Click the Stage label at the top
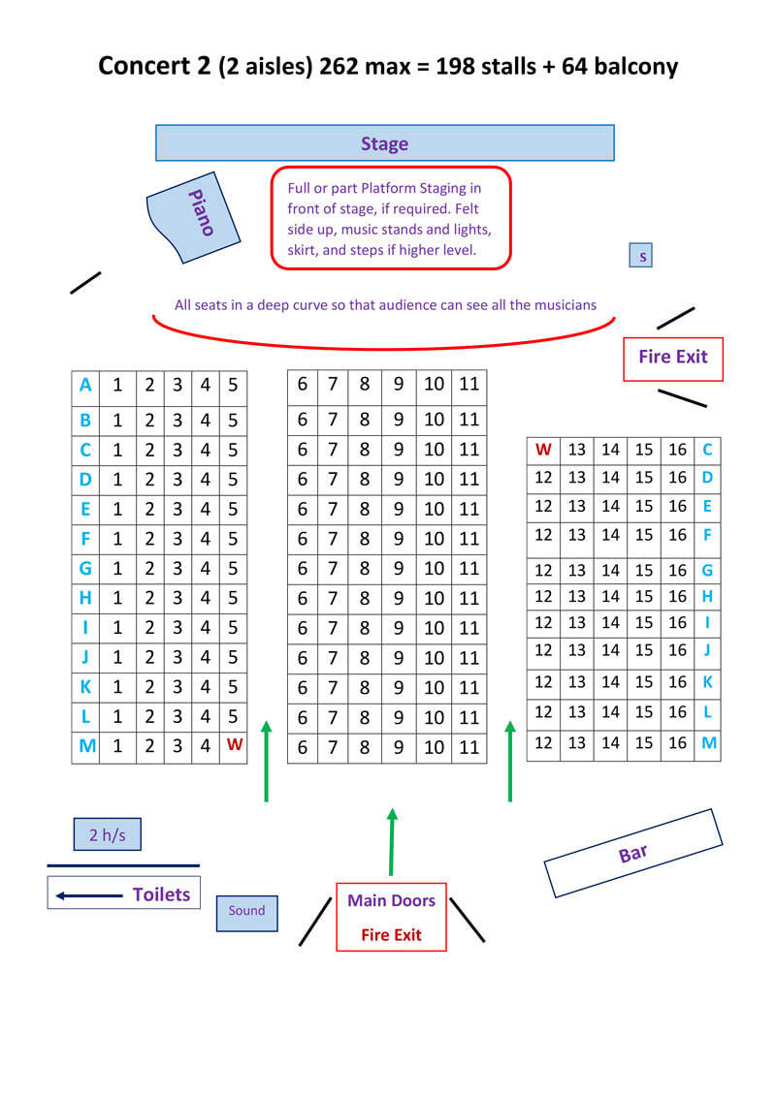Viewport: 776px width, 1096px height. pyautogui.click(x=384, y=143)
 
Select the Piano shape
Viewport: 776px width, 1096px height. pyautogui.click(x=194, y=217)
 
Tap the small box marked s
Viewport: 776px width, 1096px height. pyautogui.click(x=641, y=256)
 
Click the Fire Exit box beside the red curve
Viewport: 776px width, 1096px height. pyautogui.click(x=672, y=357)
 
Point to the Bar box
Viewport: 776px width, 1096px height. pyautogui.click(x=632, y=853)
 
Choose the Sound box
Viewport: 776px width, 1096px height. pyautogui.click(x=246, y=911)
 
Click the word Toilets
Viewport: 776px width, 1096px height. pyautogui.click(x=161, y=894)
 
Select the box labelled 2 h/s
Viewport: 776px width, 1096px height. pyautogui.click(x=107, y=834)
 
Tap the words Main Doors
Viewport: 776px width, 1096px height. pyautogui.click(x=391, y=900)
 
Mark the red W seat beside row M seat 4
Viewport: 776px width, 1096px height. pyautogui.click(x=234, y=745)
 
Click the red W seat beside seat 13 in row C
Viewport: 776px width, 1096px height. pyautogui.click(x=543, y=450)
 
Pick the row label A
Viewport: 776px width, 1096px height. pyautogui.click(x=85, y=386)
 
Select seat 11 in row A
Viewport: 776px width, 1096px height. pyautogui.click(x=469, y=385)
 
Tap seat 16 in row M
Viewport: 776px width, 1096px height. pyautogui.click(x=677, y=743)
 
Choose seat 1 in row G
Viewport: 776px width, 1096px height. pyautogui.click(x=117, y=568)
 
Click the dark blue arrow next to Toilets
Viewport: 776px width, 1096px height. pyautogui.click(x=88, y=895)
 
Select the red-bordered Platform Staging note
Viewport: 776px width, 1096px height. pyautogui.click(x=390, y=218)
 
